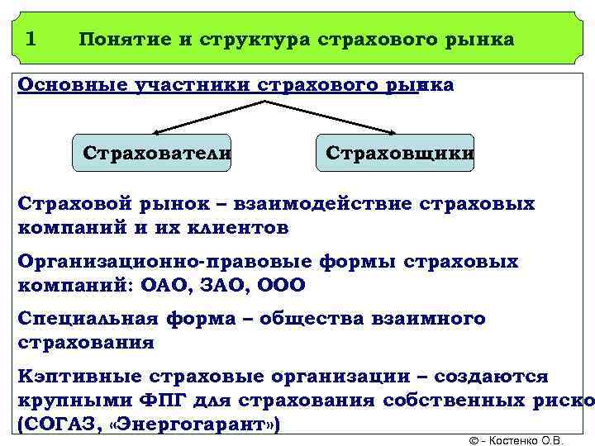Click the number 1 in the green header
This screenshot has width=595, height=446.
(x=31, y=38)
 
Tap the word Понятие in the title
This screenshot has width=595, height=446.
(x=120, y=39)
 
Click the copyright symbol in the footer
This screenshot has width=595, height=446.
(x=474, y=440)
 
